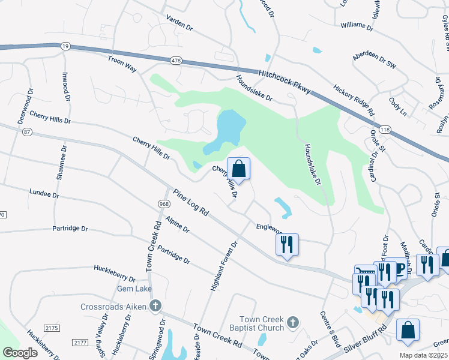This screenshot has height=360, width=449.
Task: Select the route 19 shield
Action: [64, 45]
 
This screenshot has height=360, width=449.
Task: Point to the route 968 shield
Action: [164, 204]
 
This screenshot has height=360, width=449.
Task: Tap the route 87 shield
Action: [26, 131]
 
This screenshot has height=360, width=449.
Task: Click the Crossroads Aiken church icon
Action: [155, 307]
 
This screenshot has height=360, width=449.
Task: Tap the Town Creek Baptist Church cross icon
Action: [292, 323]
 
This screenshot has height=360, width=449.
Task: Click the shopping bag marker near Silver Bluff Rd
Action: [408, 329]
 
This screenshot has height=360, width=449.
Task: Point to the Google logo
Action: [20, 353]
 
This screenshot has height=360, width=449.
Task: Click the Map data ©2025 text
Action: [423, 355]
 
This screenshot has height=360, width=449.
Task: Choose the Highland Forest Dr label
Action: [224, 266]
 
